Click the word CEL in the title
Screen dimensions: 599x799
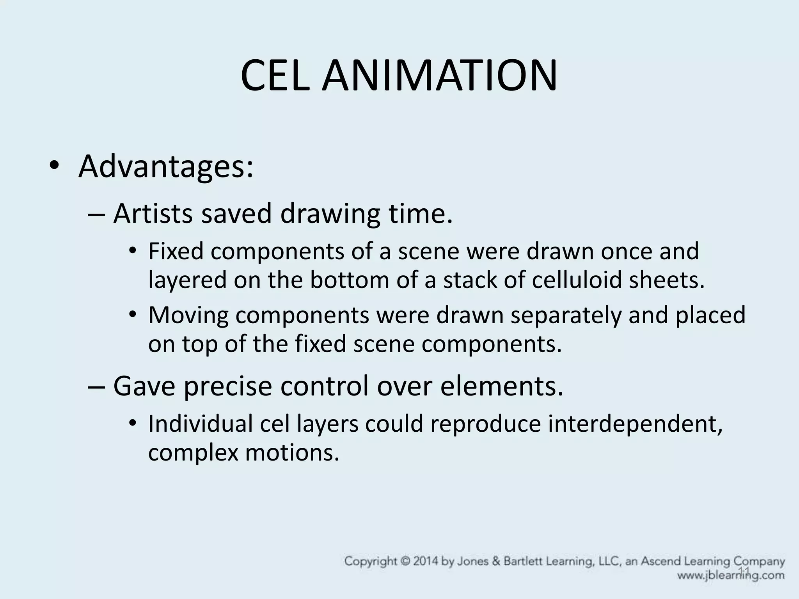pos(276,76)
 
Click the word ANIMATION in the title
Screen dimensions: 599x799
pos(439,76)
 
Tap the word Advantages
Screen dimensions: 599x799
pos(166,167)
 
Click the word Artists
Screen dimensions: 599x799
pos(153,214)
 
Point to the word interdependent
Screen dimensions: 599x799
pos(635,424)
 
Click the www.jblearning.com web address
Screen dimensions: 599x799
pos(731,576)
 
